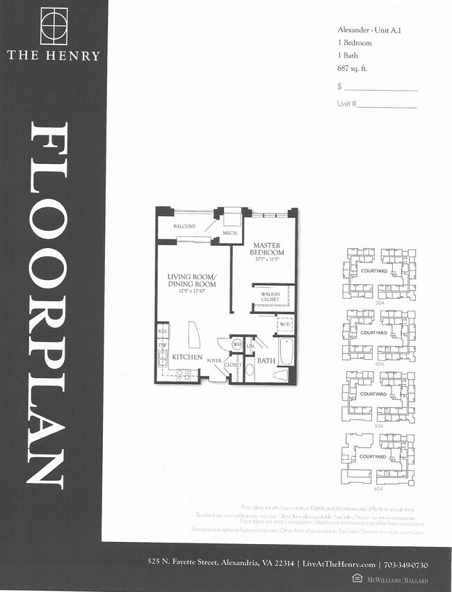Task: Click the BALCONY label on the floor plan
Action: point(184,227)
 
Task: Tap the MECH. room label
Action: point(232,233)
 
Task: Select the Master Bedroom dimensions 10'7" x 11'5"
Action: point(266,260)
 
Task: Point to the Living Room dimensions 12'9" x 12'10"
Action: point(191,291)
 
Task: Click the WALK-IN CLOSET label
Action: point(271,297)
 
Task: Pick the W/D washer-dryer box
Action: point(285,324)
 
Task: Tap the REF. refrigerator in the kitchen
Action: point(163,332)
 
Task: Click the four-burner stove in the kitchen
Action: point(183,374)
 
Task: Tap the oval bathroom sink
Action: point(250,368)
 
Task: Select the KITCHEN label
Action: point(187,357)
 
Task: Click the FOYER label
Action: point(214,361)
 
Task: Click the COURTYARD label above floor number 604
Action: point(373,457)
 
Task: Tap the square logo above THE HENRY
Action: point(54,26)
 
